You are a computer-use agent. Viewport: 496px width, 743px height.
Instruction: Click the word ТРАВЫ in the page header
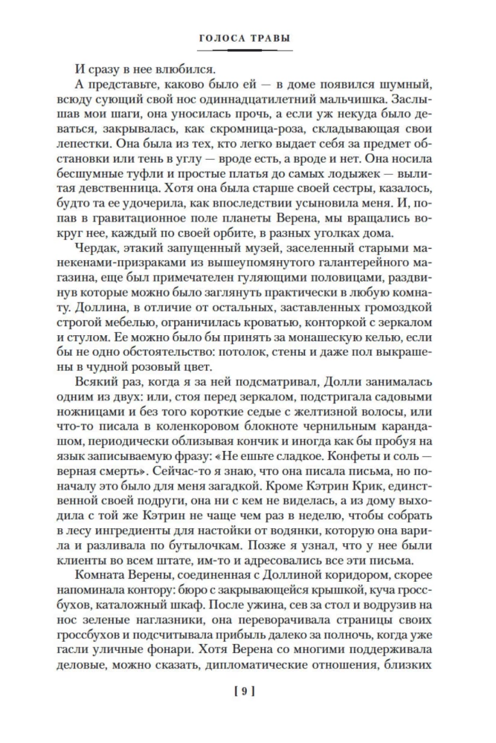coord(272,37)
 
